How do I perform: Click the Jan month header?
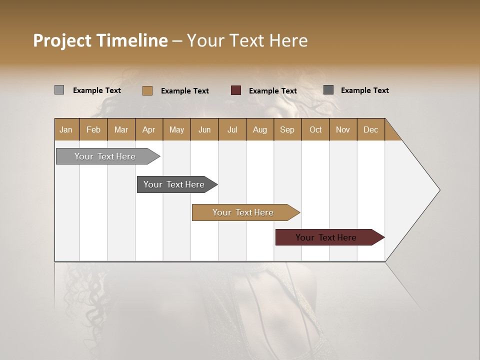(66, 129)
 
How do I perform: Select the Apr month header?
(149, 129)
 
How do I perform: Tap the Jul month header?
(232, 129)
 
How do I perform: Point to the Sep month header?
(287, 129)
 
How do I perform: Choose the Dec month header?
(370, 129)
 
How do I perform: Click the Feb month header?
(93, 129)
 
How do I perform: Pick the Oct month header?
(315, 129)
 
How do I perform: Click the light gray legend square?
(59, 90)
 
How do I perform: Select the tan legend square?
(147, 90)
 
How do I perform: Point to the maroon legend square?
(236, 90)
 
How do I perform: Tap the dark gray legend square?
(328, 90)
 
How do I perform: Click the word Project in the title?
(62, 40)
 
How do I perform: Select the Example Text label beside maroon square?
(272, 91)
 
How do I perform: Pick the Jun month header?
(204, 129)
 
